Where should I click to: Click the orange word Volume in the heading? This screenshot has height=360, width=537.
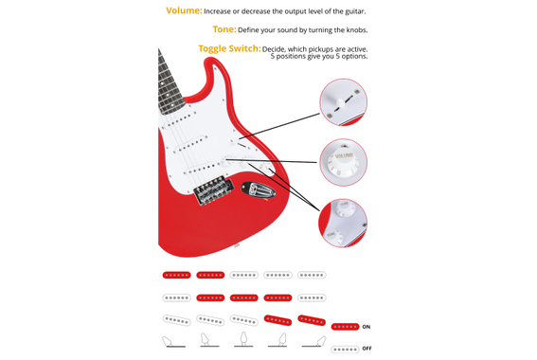point(184,10)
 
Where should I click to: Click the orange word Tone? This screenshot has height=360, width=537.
point(224,29)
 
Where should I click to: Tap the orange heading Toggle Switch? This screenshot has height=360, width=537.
point(229,48)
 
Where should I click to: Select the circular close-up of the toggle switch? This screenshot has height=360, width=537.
point(343,102)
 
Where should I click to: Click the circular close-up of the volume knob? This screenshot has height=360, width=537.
point(343,162)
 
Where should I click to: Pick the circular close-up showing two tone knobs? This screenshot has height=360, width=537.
point(343,223)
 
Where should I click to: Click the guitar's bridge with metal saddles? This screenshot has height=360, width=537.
point(214,190)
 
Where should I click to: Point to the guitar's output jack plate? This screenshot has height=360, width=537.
point(259,190)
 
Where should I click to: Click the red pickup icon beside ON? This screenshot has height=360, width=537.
point(345,327)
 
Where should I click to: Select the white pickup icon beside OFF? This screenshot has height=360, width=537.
point(345,350)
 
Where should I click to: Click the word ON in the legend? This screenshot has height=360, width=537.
point(367,327)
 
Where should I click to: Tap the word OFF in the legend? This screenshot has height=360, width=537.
point(367,349)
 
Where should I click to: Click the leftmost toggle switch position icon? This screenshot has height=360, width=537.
point(173,342)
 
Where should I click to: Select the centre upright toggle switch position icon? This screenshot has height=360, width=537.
point(243,339)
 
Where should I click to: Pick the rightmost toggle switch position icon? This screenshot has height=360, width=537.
point(314,342)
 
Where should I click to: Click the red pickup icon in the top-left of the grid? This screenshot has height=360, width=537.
point(176,275)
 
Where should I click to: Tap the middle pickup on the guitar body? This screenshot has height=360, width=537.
point(190,145)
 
